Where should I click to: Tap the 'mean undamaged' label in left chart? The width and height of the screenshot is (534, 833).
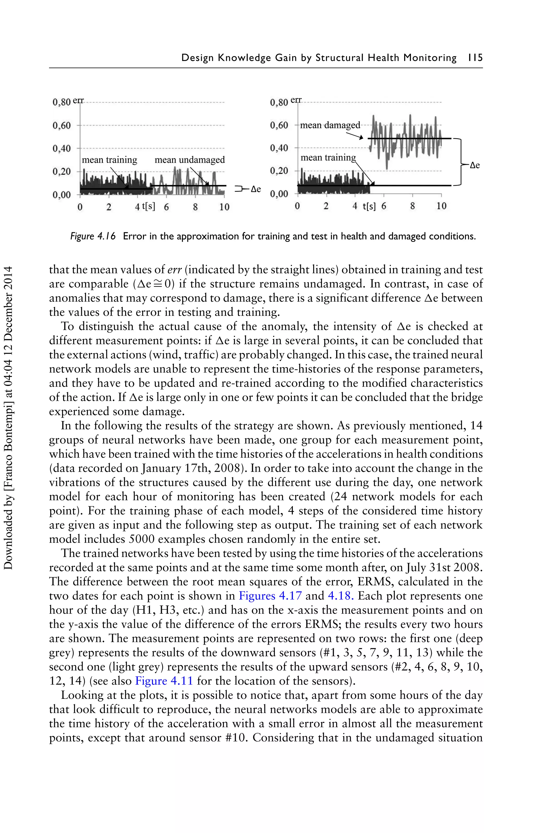[x=190, y=160]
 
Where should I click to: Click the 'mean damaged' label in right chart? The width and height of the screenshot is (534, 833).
[x=330, y=125]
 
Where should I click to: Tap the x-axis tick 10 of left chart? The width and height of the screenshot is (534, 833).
[x=224, y=207]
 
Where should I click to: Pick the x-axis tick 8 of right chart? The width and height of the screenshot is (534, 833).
[x=412, y=206]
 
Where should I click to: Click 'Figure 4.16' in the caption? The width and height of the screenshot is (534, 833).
[x=93, y=236]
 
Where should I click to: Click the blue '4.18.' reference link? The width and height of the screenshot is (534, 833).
[x=341, y=596]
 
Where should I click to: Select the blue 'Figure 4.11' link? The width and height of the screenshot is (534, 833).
[x=164, y=681]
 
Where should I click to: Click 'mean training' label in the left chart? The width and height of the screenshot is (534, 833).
[x=109, y=160]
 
